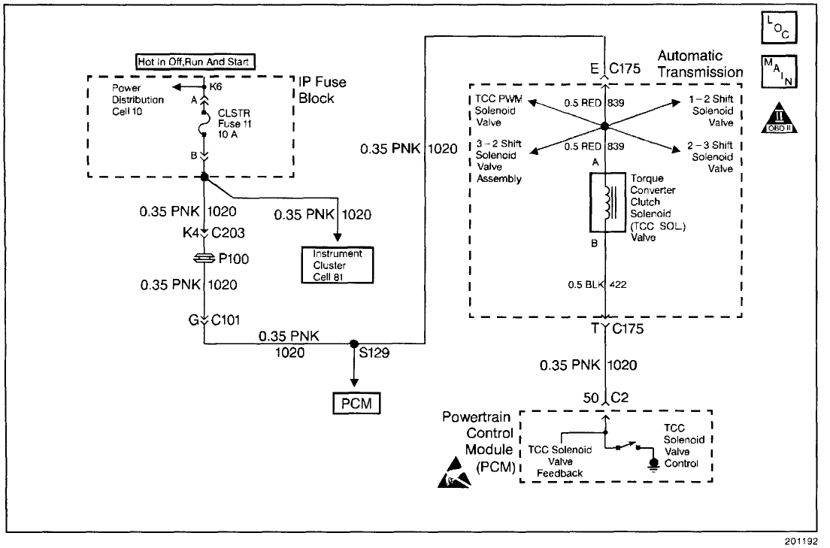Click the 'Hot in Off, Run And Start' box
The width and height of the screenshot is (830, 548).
click(195, 62)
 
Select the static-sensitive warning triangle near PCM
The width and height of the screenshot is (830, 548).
click(453, 474)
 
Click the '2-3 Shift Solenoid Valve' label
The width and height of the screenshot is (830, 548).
click(710, 156)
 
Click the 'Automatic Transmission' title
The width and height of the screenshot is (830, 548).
click(699, 64)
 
